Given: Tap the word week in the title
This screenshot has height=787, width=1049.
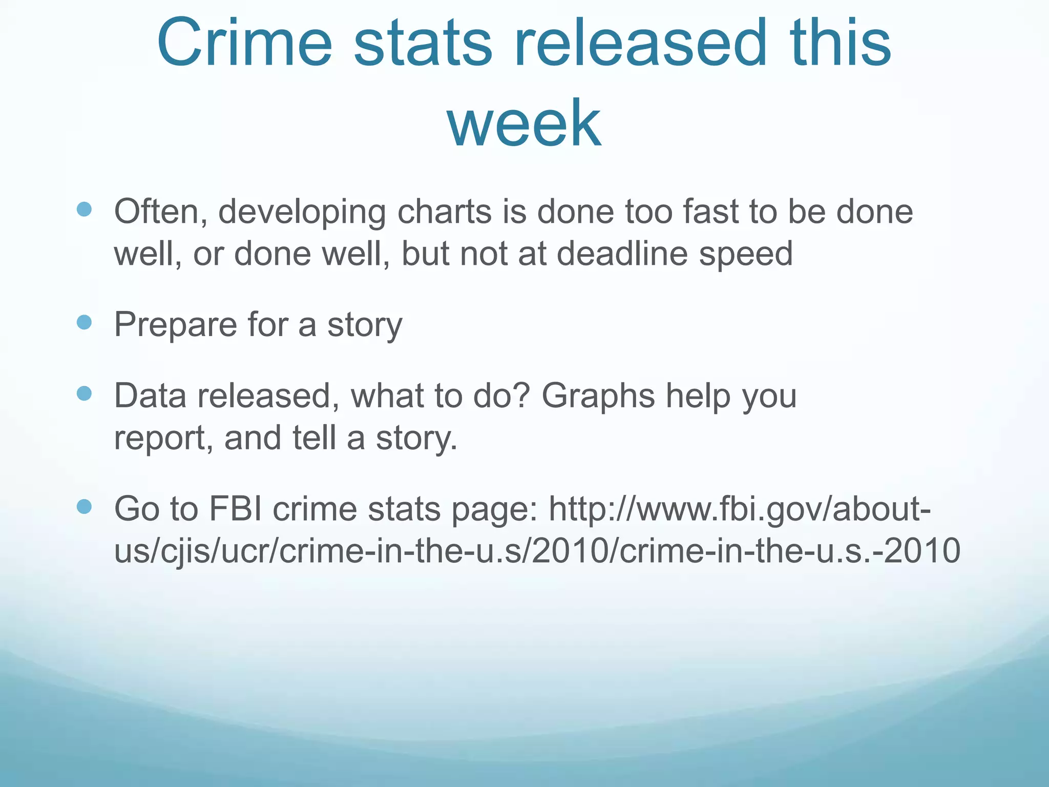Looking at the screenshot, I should (524, 123).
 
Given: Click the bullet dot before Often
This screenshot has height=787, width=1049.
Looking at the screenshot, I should (84, 209).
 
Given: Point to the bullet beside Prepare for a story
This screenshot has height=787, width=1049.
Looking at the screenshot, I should (84, 322).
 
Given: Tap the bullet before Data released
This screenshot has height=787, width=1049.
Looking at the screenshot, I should (84, 393).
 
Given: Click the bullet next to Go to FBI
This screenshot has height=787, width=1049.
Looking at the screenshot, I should (84, 507).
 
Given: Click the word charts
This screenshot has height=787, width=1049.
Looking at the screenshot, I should (444, 211).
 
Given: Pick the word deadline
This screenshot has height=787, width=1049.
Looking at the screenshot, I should (622, 253).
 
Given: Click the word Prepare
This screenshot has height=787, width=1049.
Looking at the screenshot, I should (175, 325).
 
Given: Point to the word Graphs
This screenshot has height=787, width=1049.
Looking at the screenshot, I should (598, 397).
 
